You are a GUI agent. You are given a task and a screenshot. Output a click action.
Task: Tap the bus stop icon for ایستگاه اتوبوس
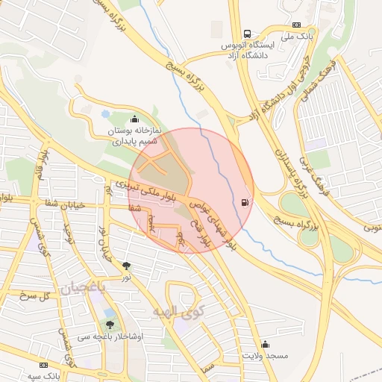click(248, 34)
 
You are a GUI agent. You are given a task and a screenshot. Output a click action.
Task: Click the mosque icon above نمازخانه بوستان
click(134, 118)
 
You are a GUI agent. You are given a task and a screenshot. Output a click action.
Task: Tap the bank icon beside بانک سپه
click(44, 366)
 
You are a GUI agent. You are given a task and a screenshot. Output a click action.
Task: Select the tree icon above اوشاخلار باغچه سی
click(110, 325)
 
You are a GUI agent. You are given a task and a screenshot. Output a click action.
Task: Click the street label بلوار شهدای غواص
click(216, 225)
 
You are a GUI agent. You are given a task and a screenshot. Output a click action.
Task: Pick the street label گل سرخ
click(33, 296)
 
